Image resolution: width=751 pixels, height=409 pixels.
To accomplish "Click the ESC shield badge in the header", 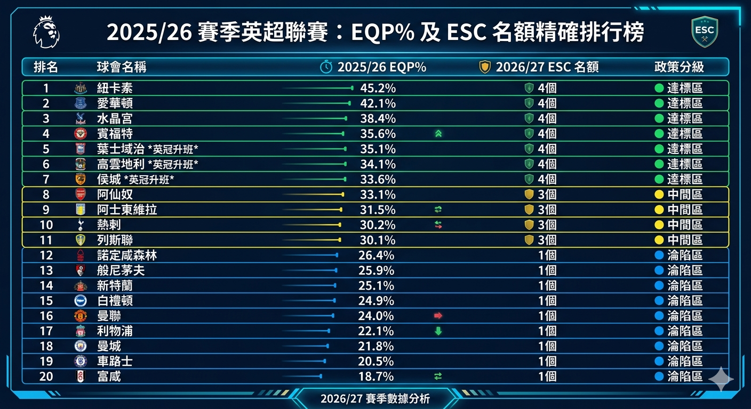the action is [705, 32].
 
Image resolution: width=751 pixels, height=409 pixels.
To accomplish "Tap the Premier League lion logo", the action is [46, 32].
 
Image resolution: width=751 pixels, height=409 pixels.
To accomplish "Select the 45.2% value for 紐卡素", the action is [378, 88].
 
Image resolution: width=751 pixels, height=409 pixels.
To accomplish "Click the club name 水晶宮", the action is [115, 118].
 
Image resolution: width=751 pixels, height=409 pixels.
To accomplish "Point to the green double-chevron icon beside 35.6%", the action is [438, 134].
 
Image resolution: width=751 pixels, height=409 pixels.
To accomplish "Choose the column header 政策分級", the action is [679, 67].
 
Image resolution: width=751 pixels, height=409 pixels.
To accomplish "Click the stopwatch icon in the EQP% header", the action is [326, 67].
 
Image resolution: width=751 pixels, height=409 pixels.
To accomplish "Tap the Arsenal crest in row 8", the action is [81, 194].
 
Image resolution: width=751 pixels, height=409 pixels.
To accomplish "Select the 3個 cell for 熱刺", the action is [547, 225].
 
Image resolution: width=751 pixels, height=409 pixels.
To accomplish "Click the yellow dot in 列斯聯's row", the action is [659, 240].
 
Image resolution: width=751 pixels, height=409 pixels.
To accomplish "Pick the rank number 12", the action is [46, 256].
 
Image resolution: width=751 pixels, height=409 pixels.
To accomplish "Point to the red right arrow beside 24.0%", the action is [438, 316].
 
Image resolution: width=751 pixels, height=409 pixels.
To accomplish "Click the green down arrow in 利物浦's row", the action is [438, 331].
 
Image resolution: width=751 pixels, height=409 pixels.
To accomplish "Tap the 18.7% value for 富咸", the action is [376, 377].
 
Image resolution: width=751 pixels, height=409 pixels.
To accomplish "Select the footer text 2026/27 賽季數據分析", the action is [375, 399].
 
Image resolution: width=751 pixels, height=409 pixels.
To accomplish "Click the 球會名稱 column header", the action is [122, 67].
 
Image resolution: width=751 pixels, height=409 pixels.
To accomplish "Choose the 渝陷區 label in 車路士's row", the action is [685, 361].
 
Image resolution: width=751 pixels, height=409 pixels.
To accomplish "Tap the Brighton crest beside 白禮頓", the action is [81, 300].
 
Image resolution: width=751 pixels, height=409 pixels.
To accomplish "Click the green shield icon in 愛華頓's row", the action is [529, 103].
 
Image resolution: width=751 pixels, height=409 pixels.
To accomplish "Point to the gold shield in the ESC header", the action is [485, 67].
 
